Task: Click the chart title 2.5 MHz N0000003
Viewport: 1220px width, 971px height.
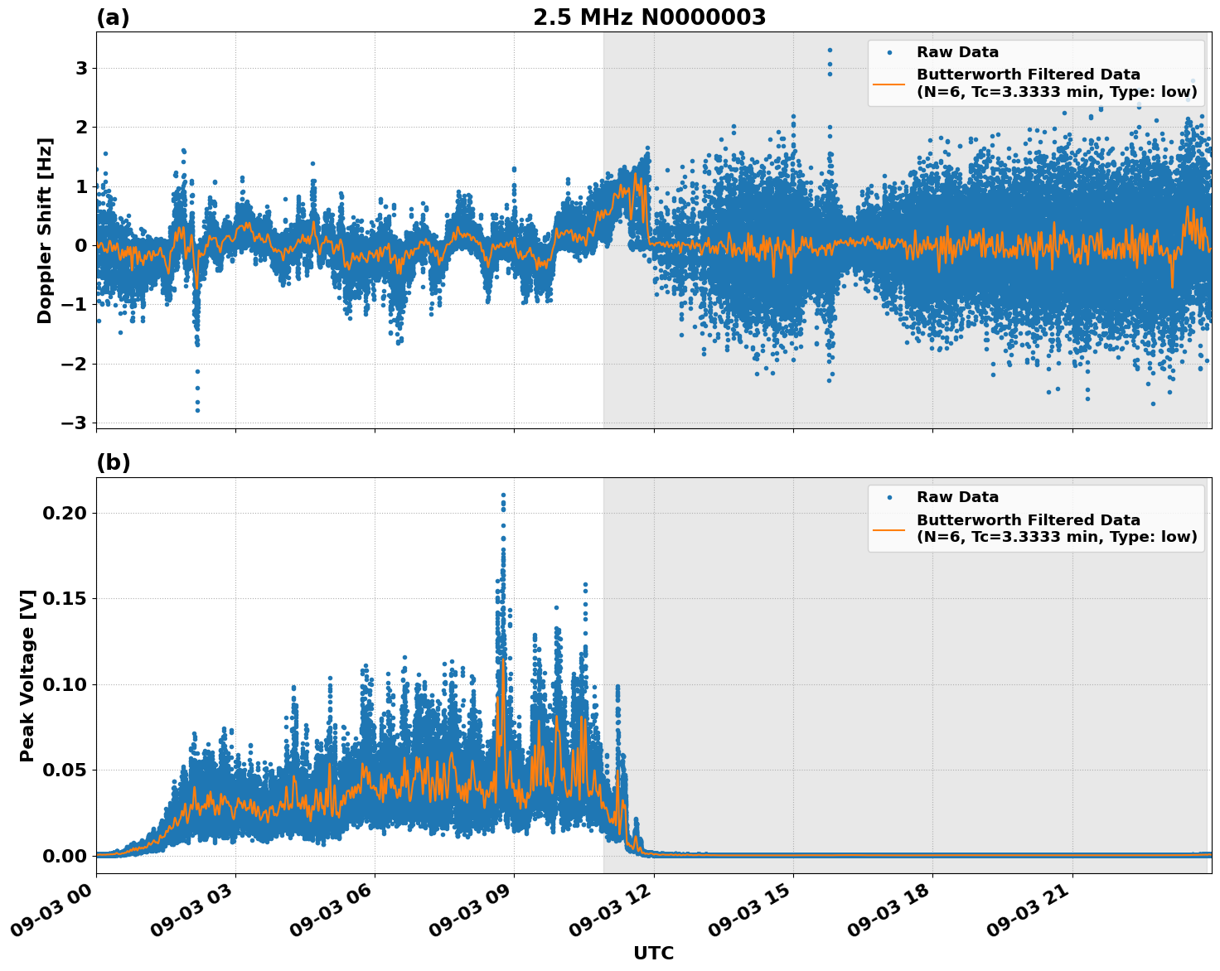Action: pos(649,17)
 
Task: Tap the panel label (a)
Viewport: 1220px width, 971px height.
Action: pos(113,17)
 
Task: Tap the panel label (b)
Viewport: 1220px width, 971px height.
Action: pos(113,463)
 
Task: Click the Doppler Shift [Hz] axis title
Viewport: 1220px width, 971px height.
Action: pos(45,230)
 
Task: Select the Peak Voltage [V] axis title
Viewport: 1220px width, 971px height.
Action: pos(27,675)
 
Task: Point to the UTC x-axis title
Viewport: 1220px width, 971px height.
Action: pos(653,953)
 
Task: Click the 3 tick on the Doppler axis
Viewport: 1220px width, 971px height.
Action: pos(81,68)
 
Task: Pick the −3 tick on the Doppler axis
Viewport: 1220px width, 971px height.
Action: pos(75,423)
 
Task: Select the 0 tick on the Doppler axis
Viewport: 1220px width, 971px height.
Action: pos(81,246)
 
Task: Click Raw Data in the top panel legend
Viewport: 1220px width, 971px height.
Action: pos(957,52)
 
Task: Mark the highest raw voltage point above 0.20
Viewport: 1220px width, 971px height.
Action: pos(503,495)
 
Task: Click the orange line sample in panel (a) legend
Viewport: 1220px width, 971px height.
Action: pos(889,83)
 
